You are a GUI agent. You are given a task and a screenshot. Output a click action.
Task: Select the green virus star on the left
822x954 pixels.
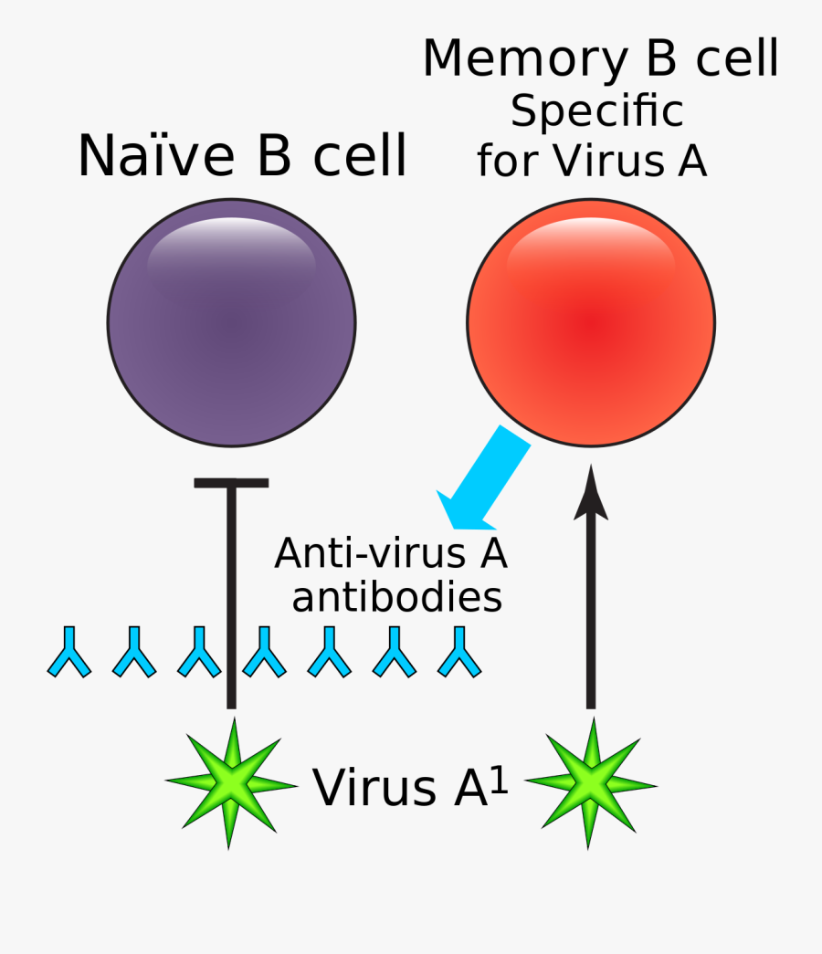tap(231, 783)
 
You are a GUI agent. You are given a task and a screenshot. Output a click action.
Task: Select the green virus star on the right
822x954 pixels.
tap(591, 783)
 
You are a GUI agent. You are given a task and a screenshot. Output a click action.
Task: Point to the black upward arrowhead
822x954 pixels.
tap(591, 493)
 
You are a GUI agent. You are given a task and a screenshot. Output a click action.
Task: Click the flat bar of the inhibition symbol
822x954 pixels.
tap(231, 482)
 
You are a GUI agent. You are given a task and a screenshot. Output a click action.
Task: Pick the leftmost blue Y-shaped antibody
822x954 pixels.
tap(69, 652)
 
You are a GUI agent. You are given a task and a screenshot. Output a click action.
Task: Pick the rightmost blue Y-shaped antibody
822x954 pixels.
tap(459, 652)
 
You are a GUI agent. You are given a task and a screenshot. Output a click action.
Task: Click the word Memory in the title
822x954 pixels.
tap(514, 59)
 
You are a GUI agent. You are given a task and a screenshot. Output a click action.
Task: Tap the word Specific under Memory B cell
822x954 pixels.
tap(596, 111)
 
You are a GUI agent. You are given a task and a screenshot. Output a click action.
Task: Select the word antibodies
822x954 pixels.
tap(396, 598)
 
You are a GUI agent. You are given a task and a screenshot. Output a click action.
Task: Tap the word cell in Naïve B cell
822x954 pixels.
tap(360, 156)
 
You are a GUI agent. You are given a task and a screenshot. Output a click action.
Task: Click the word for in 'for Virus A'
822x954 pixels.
tap(505, 162)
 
